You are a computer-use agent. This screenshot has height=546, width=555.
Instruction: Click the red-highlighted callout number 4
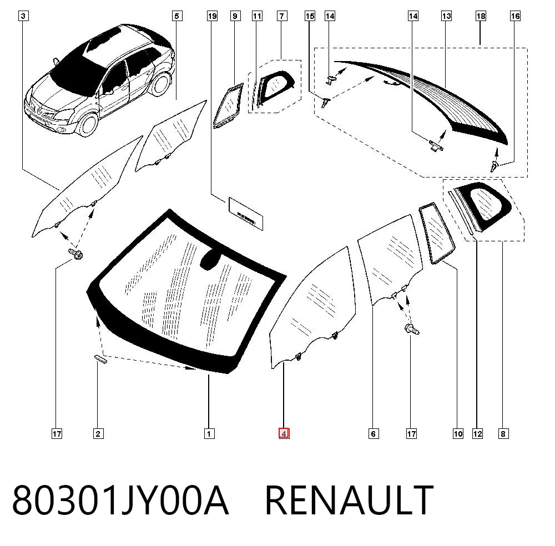284,433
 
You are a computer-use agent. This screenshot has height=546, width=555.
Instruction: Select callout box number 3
23,16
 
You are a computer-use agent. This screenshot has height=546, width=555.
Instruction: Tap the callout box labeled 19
212,16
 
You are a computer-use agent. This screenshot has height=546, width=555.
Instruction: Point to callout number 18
481,16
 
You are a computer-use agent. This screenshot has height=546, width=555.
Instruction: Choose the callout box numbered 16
516,16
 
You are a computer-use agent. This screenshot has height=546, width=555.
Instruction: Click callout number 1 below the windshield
209,433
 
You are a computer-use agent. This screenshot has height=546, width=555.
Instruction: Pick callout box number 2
98,433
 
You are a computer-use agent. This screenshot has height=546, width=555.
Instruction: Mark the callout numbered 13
447,16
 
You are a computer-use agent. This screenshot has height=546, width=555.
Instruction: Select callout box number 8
503,433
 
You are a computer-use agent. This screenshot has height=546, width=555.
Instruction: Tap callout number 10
458,433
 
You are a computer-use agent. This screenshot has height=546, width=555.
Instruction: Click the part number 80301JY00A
120,501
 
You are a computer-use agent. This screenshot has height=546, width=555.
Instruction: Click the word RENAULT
349,501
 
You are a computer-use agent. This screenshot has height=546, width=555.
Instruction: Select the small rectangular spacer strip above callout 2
100,359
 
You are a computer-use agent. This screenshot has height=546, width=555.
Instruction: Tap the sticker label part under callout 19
246,214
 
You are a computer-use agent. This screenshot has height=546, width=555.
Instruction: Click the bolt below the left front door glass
76,254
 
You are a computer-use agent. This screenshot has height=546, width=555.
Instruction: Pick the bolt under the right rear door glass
412,329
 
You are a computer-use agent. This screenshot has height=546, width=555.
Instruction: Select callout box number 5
177,16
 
